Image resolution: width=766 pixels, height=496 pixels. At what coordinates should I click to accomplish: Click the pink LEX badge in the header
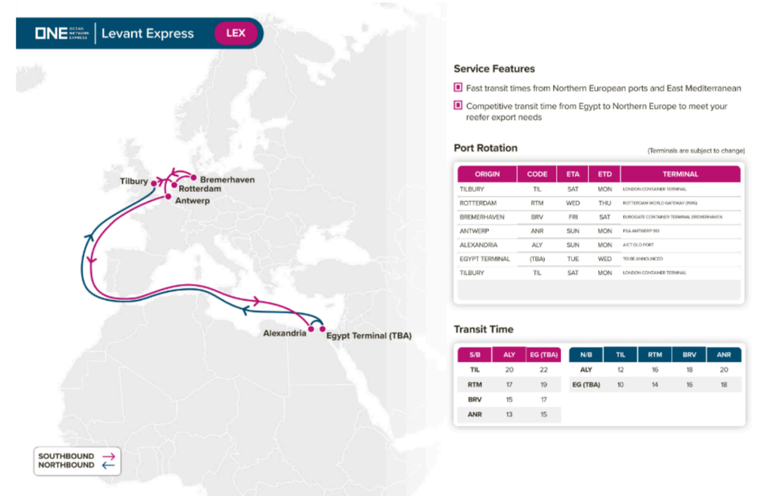[x=235, y=34]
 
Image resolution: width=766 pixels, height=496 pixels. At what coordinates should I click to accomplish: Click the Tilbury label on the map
[x=134, y=182]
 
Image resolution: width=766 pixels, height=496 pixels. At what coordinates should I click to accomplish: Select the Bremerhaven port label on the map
[x=227, y=179]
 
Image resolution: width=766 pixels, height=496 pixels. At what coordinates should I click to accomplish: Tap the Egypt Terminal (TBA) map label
[x=368, y=335]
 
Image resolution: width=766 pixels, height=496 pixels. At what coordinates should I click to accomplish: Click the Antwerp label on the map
[x=193, y=201]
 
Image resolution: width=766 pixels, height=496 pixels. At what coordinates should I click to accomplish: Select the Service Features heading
[x=494, y=69]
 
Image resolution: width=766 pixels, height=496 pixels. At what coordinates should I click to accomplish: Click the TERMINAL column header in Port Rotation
[x=680, y=174]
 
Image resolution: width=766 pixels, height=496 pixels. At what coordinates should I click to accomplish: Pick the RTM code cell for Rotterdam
[x=537, y=203]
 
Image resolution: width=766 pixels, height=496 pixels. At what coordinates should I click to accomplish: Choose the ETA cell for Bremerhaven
[x=573, y=217]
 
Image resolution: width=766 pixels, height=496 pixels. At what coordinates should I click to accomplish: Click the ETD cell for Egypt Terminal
[x=604, y=258]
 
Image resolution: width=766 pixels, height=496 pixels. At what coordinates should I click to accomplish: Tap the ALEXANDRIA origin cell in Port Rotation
[x=479, y=245]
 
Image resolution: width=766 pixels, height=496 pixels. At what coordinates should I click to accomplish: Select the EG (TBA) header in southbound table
[x=543, y=354]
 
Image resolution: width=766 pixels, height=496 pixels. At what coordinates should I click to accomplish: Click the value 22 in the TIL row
[x=543, y=370]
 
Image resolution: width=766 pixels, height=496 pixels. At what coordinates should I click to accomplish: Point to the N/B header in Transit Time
[x=585, y=354]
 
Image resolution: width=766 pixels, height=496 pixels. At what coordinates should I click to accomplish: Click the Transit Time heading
[x=483, y=329]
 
